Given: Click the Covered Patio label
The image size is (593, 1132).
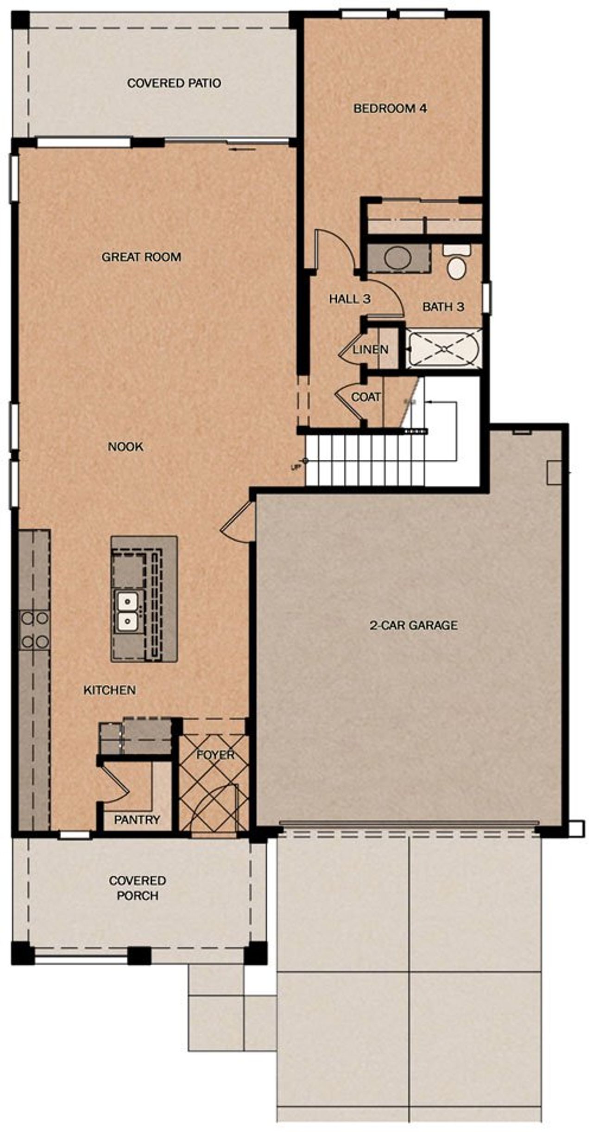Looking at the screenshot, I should [174, 83].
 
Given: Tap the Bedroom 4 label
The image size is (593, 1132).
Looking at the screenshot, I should [390, 108].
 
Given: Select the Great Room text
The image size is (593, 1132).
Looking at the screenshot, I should [141, 257].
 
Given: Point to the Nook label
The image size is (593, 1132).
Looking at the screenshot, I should [126, 447].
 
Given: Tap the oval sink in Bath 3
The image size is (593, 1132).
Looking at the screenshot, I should [398, 258].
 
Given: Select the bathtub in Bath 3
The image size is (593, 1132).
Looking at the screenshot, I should [444, 349].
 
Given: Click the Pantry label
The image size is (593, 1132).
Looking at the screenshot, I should [137, 819].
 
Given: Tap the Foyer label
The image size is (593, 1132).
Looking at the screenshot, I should [215, 755].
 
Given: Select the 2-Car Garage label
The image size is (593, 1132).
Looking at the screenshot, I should [413, 625].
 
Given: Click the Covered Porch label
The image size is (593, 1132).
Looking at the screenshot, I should [137, 888].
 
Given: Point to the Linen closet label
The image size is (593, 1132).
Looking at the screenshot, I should [371, 350].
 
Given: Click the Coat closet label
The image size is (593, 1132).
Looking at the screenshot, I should [366, 397].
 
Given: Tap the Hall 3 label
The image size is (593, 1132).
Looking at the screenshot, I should [350, 299].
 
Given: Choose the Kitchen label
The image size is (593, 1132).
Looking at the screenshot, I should [110, 690].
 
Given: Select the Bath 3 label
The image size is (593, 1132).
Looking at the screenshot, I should [443, 306].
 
